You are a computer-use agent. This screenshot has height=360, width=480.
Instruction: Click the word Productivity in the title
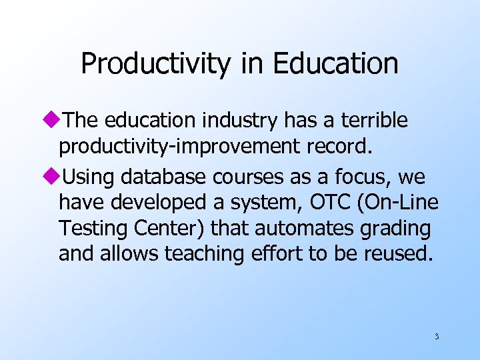click(153, 63)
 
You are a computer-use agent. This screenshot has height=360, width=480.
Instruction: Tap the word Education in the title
click(335, 63)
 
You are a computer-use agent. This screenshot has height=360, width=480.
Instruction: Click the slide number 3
click(437, 337)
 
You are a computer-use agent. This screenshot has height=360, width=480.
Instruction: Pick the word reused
click(397, 255)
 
